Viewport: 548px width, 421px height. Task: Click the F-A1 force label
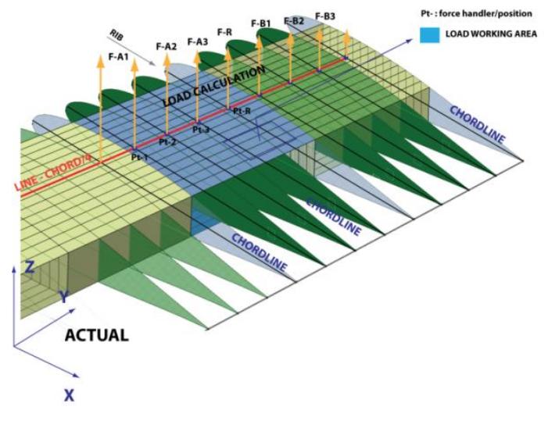point(119,57)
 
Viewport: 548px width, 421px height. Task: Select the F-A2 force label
point(166,46)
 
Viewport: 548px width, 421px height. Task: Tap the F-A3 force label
point(198,42)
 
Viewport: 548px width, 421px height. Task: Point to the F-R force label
point(224,33)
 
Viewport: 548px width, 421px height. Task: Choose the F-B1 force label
point(261,23)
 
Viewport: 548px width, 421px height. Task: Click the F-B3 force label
point(325,16)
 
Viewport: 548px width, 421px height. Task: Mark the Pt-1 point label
point(139,157)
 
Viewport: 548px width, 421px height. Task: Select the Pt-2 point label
point(168,142)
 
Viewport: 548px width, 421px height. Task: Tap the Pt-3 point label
point(201,130)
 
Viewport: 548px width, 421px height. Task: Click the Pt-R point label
point(242,111)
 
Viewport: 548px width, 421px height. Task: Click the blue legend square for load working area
point(429,35)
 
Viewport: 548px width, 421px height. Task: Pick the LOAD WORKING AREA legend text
point(491,34)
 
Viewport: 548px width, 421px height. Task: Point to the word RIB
point(116,35)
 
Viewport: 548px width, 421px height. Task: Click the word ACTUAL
point(97,335)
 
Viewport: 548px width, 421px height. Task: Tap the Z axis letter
point(30,267)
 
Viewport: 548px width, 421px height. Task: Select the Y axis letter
point(64,297)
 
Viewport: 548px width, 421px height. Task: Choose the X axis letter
point(70,395)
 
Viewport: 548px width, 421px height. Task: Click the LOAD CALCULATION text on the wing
point(214,86)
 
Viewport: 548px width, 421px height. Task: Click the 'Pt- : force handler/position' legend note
point(476,13)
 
